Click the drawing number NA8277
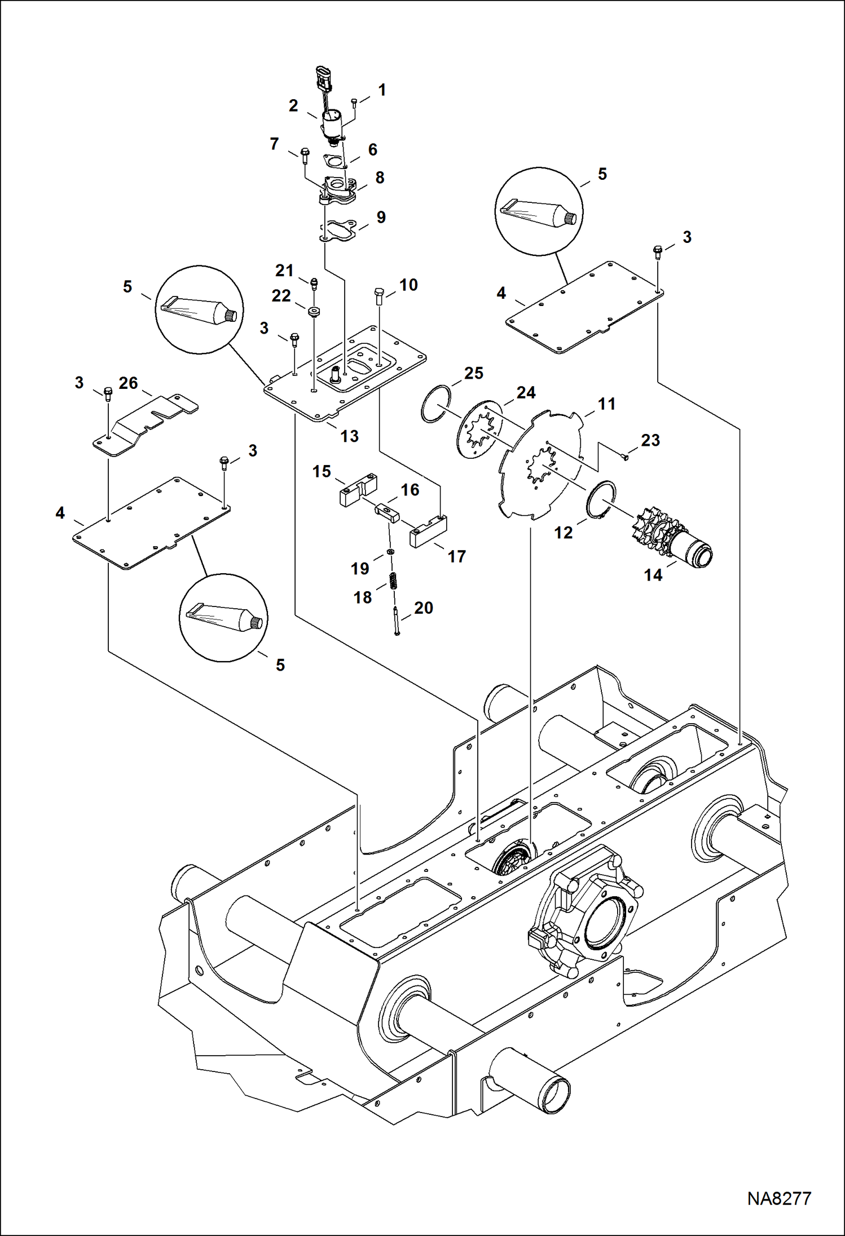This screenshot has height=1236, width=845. click(779, 1198)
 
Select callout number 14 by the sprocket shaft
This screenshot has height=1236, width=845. click(653, 575)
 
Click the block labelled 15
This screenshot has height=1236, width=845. click(358, 490)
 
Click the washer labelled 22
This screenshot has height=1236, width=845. click(314, 311)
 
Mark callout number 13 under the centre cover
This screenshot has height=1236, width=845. click(349, 436)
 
